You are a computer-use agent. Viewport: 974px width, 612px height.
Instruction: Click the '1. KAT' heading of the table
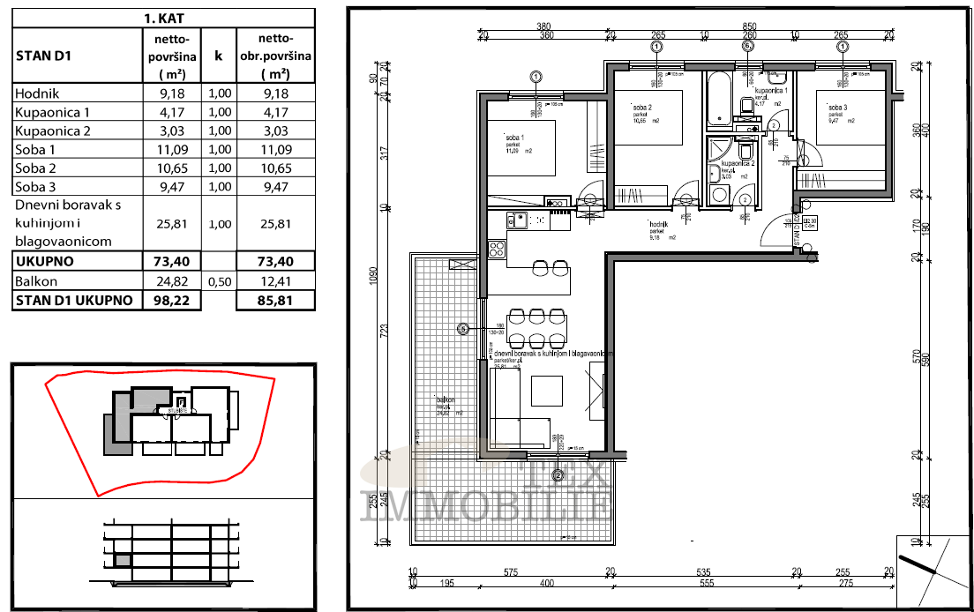(163, 17)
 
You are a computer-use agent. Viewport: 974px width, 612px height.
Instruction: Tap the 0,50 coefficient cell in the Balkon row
(219, 281)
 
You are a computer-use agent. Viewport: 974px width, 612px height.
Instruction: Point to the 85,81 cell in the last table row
(276, 301)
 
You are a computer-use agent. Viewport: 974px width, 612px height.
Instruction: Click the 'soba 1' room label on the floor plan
(513, 138)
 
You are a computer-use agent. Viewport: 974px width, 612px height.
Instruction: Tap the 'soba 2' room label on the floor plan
(641, 107)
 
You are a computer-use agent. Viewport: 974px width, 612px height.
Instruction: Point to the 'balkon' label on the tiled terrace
(445, 400)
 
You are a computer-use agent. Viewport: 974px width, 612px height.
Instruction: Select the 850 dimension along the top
(750, 26)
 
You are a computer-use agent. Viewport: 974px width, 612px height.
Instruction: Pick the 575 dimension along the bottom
(510, 571)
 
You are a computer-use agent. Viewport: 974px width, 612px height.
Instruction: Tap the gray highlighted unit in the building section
(124, 560)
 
